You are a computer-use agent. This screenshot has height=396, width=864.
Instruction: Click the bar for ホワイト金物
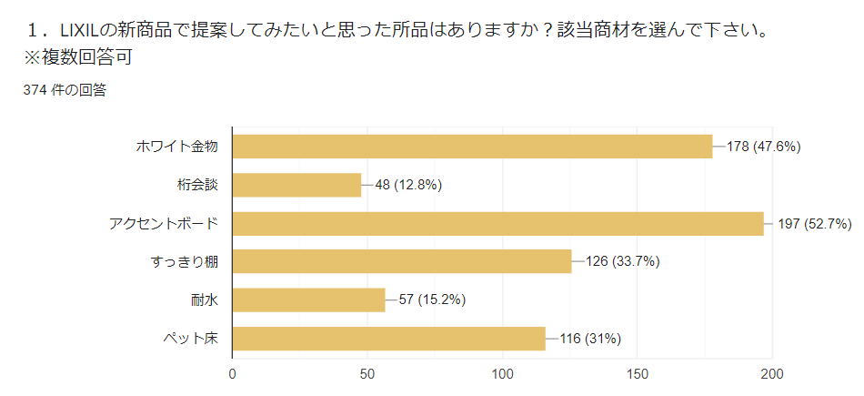pyautogui.click(x=473, y=147)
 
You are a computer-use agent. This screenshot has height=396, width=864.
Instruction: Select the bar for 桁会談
pyautogui.click(x=297, y=185)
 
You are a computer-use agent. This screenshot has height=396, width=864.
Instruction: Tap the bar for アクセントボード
pyautogui.click(x=498, y=224)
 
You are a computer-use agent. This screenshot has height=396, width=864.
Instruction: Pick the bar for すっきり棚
pyautogui.click(x=402, y=262)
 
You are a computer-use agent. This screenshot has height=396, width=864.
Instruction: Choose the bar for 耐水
pyautogui.click(x=309, y=300)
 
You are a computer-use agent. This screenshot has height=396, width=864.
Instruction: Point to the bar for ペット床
pyautogui.click(x=389, y=339)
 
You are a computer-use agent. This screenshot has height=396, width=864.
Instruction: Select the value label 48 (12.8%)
pyautogui.click(x=408, y=185)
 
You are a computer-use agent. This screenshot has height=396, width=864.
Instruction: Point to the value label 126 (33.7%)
pyautogui.click(x=623, y=262)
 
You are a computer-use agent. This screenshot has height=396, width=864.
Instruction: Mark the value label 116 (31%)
pyautogui.click(x=590, y=339)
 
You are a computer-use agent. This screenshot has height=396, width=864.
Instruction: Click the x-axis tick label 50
pyautogui.click(x=367, y=373)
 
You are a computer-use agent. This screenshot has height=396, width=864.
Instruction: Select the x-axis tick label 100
pyautogui.click(x=502, y=373)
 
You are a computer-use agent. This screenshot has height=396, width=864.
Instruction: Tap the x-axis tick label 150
pyautogui.click(x=637, y=373)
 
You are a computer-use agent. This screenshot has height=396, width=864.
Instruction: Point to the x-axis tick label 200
pyautogui.click(x=772, y=373)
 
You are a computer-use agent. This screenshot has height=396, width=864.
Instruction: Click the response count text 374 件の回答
pyautogui.click(x=65, y=89)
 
